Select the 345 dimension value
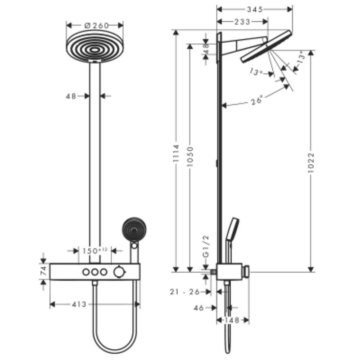click(255, 9)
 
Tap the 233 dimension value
click(243, 21)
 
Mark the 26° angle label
click(257, 101)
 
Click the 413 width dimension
click(79, 305)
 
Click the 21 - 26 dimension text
click(185, 292)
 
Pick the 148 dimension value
click(232, 320)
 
